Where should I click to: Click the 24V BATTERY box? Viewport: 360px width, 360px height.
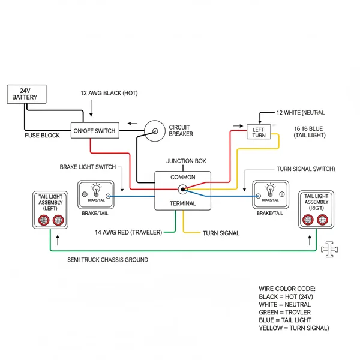click(25, 94)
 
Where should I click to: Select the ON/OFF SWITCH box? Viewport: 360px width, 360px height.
click(95, 130)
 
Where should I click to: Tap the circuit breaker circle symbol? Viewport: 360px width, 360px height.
click(154, 130)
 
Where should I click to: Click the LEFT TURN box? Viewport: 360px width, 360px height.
click(259, 132)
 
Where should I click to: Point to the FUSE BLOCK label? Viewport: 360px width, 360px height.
click(42, 136)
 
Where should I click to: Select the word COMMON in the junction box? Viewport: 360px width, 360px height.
click(182, 178)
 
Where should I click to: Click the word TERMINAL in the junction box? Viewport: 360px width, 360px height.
click(182, 204)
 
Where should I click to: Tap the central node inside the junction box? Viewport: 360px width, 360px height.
click(182, 190)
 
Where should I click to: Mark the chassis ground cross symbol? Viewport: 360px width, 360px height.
click(329, 250)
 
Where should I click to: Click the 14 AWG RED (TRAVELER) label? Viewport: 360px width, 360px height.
click(128, 232)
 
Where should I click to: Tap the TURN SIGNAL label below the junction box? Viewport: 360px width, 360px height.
click(221, 233)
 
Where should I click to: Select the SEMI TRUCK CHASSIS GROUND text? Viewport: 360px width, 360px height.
click(107, 260)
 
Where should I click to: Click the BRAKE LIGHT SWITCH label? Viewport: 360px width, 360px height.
click(89, 167)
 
